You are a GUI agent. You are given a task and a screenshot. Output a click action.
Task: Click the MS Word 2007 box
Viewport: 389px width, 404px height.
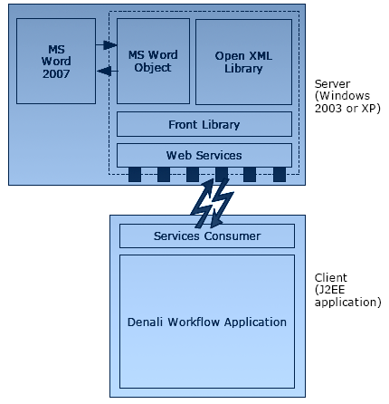pos(56,61)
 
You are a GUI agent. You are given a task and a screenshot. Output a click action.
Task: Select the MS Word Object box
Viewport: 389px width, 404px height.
pos(153,61)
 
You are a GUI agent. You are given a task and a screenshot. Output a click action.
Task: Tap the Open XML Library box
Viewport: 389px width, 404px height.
pos(243,62)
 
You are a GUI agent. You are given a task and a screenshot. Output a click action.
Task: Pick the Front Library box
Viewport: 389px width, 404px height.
pos(204,124)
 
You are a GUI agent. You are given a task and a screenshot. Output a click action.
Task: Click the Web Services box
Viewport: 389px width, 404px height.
pos(204,155)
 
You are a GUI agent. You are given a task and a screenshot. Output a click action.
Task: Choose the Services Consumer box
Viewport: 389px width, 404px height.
pos(207,236)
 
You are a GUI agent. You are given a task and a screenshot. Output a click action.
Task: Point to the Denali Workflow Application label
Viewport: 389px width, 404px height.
pos(207,322)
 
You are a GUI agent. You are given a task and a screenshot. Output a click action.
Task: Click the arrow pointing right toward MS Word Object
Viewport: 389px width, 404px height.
pos(107,45)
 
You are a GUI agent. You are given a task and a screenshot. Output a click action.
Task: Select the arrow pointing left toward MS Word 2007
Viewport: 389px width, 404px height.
pos(107,72)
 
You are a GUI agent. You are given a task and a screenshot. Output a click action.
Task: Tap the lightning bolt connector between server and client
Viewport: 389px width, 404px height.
pos(213,203)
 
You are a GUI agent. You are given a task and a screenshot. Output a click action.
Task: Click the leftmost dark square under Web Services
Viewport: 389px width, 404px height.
pos(135,175)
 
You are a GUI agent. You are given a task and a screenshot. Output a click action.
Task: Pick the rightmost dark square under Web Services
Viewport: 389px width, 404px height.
pos(280,175)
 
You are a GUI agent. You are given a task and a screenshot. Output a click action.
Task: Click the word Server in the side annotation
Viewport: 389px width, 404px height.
pos(332,83)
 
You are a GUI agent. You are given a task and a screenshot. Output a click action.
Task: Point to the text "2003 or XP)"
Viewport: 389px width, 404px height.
pos(347,108)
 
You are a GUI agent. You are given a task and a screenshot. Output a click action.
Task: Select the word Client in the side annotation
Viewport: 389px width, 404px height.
pos(331,277)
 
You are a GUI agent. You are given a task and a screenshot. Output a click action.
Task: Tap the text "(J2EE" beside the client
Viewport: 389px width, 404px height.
pos(329,290)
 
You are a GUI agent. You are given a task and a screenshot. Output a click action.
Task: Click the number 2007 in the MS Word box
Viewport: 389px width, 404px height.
pos(56,73)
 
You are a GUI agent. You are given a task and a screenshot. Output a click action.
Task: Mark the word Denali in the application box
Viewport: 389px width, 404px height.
pos(146,322)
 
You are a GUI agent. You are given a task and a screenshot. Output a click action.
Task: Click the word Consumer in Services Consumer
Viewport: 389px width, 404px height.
pos(232,236)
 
